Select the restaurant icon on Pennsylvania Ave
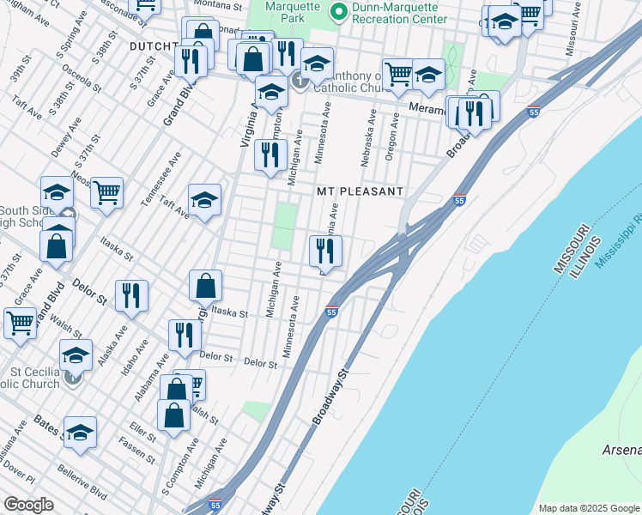[325, 251]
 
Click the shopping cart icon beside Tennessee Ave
[107, 193]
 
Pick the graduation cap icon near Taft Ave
[205, 201]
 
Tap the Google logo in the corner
[29, 505]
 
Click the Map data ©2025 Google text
[589, 508]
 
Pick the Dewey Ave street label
[63, 136]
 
